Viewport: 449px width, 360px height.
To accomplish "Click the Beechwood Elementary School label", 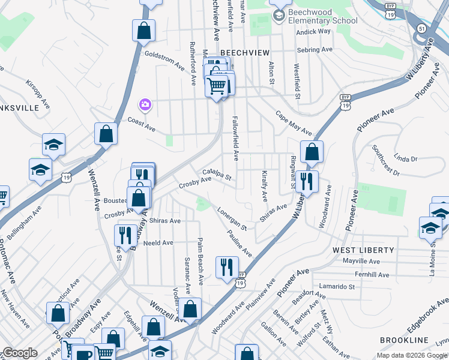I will pos(315,16).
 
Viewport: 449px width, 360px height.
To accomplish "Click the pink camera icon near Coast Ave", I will pos(145,106).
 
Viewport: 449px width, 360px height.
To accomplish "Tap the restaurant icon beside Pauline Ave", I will pos(227,266).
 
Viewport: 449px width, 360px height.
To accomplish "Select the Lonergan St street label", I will pos(232,219).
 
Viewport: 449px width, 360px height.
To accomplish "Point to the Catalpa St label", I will pos(217,175).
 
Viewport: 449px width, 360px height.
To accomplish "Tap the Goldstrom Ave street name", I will pos(164,59).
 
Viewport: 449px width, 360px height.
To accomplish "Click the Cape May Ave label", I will pos(294,122).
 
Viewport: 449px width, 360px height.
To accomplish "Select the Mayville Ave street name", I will pos(361,262).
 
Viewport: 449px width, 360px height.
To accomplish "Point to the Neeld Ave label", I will pos(158,243).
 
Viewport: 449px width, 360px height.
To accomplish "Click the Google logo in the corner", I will pos(20,353).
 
